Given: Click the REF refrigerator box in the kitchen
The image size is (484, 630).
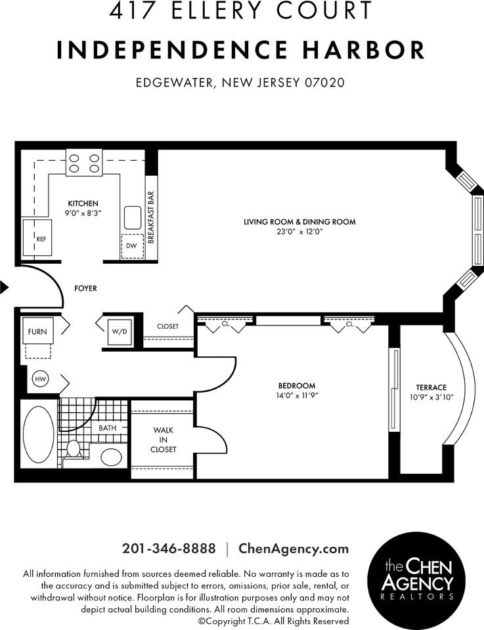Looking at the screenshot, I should point(37,238).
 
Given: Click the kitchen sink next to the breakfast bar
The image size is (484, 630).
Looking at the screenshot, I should point(132,217).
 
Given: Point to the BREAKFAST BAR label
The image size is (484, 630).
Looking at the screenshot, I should point(150,218).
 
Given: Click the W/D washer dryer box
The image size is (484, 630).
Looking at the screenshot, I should point(120,331).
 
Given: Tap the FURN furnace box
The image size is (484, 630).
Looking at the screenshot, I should point(37,331).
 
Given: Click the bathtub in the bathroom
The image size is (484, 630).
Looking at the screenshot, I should point(39,433).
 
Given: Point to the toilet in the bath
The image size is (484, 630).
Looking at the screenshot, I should point(74,449).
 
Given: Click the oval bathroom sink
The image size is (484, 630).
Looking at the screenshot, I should point(110,457).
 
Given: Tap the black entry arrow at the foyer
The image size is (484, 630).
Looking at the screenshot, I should point(4,287).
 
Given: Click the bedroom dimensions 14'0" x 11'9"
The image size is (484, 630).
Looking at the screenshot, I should point(297,395).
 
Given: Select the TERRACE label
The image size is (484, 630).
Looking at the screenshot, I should point(431,387).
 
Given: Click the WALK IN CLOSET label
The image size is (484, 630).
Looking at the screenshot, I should point(164,440).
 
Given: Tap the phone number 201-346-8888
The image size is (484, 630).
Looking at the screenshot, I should point(168,549).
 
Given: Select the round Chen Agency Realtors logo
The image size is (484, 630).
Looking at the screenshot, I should point(418,577).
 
